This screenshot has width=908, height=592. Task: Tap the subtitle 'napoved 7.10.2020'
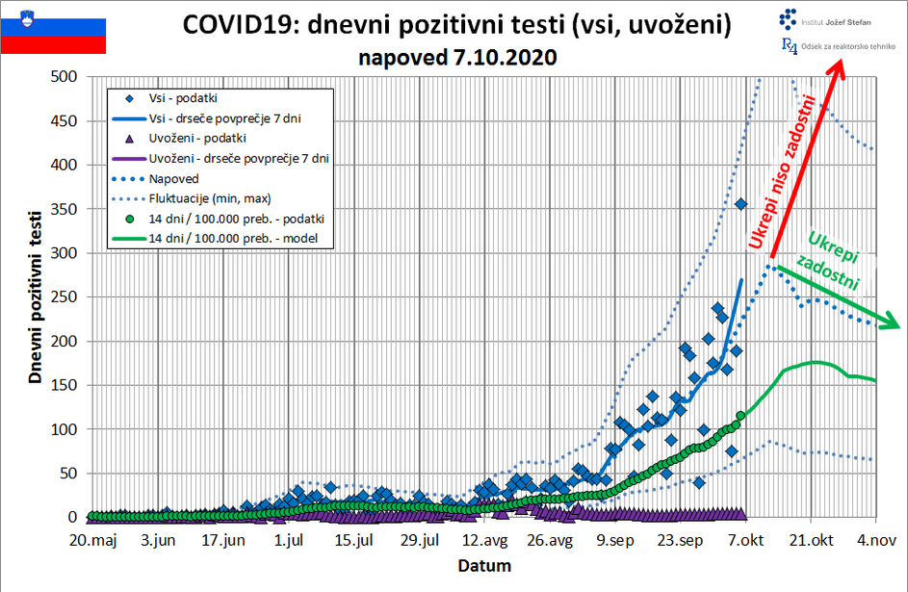point(457,57)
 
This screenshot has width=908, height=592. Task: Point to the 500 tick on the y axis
point(63,77)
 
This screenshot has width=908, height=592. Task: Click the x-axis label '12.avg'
point(485,540)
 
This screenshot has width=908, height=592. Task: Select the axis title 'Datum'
point(484,565)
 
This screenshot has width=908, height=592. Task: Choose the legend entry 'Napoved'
point(173,178)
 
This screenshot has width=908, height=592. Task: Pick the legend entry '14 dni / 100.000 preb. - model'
point(241,238)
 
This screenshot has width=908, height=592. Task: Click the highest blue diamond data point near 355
point(741,204)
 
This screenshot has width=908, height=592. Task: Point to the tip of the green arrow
point(899,327)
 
